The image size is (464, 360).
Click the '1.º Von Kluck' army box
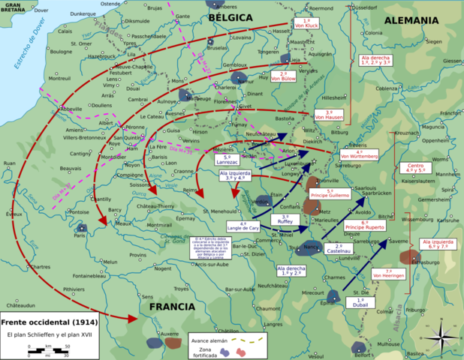pos(307,23)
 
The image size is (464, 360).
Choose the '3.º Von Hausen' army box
pos(329,115)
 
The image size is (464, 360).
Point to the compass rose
pos(443,334)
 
